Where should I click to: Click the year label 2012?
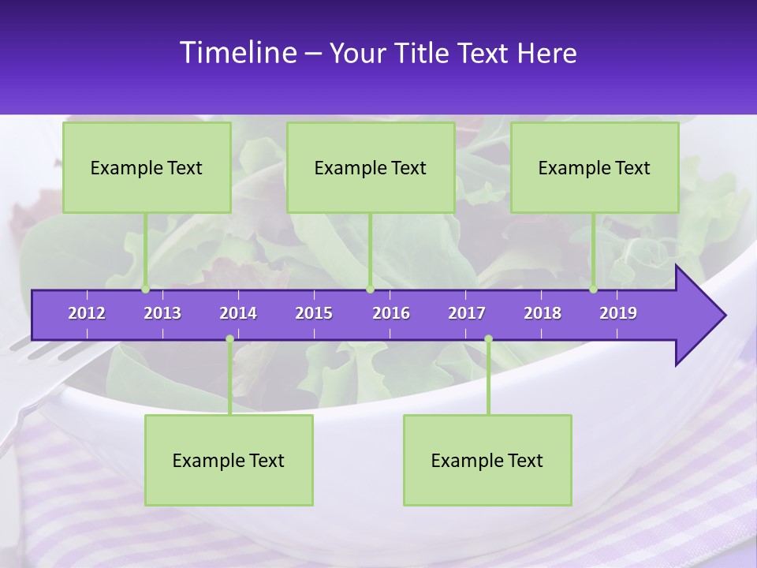tap(87, 313)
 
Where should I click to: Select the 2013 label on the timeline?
tap(162, 313)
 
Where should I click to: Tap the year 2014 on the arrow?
tap(238, 313)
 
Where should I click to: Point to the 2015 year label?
tap(314, 313)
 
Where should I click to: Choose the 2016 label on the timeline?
tap(391, 313)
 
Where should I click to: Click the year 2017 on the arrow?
tap(467, 313)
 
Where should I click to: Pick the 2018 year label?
tap(543, 313)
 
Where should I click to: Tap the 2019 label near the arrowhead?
tap(618, 313)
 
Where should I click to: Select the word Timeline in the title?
tap(237, 53)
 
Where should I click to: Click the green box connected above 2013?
tap(147, 167)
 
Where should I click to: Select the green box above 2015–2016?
tap(371, 167)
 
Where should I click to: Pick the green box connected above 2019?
tap(595, 167)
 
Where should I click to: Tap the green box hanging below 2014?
tap(229, 460)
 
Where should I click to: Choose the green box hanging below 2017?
tap(487, 460)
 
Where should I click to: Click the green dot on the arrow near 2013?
tap(146, 290)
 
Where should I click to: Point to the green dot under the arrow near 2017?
tap(488, 339)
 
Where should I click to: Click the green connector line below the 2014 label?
tap(229, 379)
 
